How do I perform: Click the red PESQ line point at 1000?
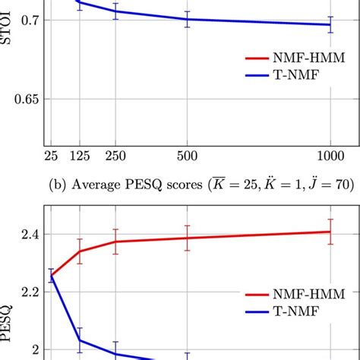[x=330, y=232]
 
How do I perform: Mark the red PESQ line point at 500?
[x=187, y=238]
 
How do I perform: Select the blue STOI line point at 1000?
[x=330, y=25]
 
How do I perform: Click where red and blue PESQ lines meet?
[x=52, y=276]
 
